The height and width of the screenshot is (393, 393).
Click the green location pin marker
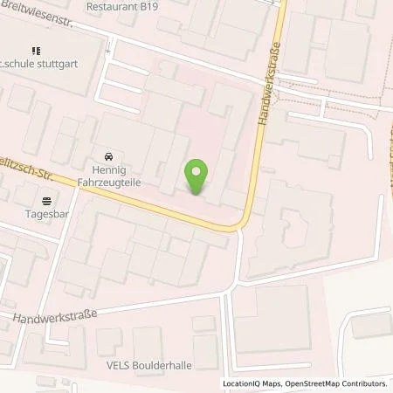(197, 176)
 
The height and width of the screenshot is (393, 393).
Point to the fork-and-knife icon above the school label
(35, 52)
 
